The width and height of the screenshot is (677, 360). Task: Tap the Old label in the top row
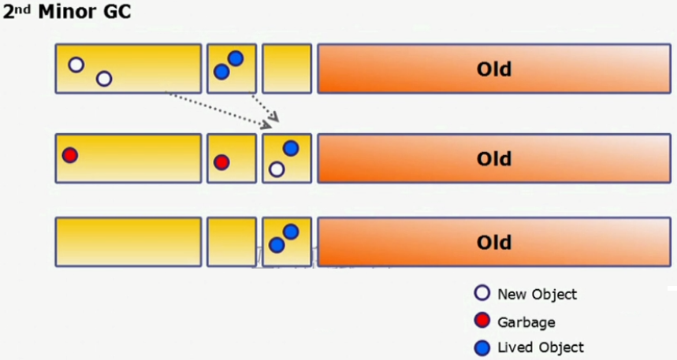(x=494, y=69)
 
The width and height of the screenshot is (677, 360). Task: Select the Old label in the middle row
(x=494, y=159)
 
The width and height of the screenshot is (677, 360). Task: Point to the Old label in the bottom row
(x=494, y=242)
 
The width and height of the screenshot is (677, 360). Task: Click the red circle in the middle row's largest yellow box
(x=70, y=155)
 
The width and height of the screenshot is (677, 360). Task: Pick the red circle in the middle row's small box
(x=221, y=162)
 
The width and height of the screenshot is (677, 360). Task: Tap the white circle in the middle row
(x=276, y=169)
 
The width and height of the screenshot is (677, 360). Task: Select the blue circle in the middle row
(x=290, y=148)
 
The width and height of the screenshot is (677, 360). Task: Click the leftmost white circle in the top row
(x=76, y=65)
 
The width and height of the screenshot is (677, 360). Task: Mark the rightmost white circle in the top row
(x=104, y=79)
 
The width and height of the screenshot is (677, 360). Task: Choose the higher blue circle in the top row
(x=235, y=58)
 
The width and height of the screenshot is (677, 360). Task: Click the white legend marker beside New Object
(x=482, y=295)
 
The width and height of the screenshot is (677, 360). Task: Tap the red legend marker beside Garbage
(x=482, y=321)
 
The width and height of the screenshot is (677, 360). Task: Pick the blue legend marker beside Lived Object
(x=482, y=347)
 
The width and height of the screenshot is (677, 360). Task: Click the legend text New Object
(x=538, y=295)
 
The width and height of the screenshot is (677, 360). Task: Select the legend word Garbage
(x=526, y=321)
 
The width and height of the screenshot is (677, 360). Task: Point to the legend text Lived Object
(x=541, y=347)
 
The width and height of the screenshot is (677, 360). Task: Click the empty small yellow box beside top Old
(x=287, y=69)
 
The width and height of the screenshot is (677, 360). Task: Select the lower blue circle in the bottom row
(x=276, y=245)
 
